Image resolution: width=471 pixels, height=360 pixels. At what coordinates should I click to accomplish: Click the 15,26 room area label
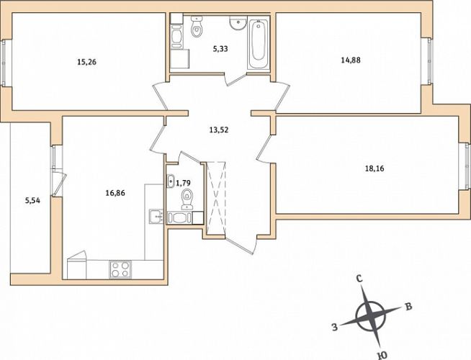[87, 63]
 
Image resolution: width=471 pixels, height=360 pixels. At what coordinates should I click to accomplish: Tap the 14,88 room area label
[351, 60]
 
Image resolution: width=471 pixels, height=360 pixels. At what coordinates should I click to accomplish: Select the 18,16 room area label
[374, 168]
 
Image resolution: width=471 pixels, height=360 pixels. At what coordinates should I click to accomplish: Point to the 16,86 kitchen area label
[115, 193]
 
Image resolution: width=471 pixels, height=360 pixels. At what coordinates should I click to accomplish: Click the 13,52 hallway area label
[219, 130]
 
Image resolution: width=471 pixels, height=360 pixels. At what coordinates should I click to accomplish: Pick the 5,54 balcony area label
[32, 201]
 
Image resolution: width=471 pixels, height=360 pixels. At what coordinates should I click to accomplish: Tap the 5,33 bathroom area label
[220, 49]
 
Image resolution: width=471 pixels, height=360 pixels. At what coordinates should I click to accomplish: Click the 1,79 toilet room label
[183, 183]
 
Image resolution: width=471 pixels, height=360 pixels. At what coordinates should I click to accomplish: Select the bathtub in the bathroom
[258, 44]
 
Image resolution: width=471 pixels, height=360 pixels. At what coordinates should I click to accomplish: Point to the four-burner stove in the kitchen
[120, 269]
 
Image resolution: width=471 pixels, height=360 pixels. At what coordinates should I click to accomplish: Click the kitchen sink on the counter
[156, 217]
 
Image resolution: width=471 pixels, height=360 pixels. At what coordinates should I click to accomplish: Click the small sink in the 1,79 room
[171, 181]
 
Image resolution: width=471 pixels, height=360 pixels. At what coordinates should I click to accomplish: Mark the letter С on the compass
[359, 279]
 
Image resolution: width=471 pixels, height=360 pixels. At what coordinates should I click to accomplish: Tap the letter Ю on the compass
[382, 356]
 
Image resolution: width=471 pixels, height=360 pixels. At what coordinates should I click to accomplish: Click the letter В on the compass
[408, 307]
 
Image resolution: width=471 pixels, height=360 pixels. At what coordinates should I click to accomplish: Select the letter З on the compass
[335, 327]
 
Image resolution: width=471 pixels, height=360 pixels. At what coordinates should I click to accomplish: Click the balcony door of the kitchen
[59, 184]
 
